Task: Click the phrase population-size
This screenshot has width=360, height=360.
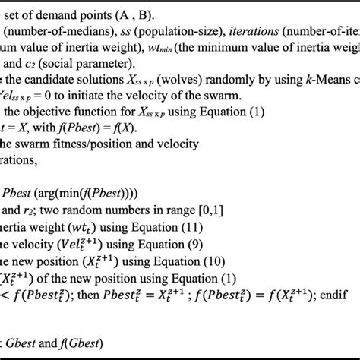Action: pyautogui.click(x=166, y=30)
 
